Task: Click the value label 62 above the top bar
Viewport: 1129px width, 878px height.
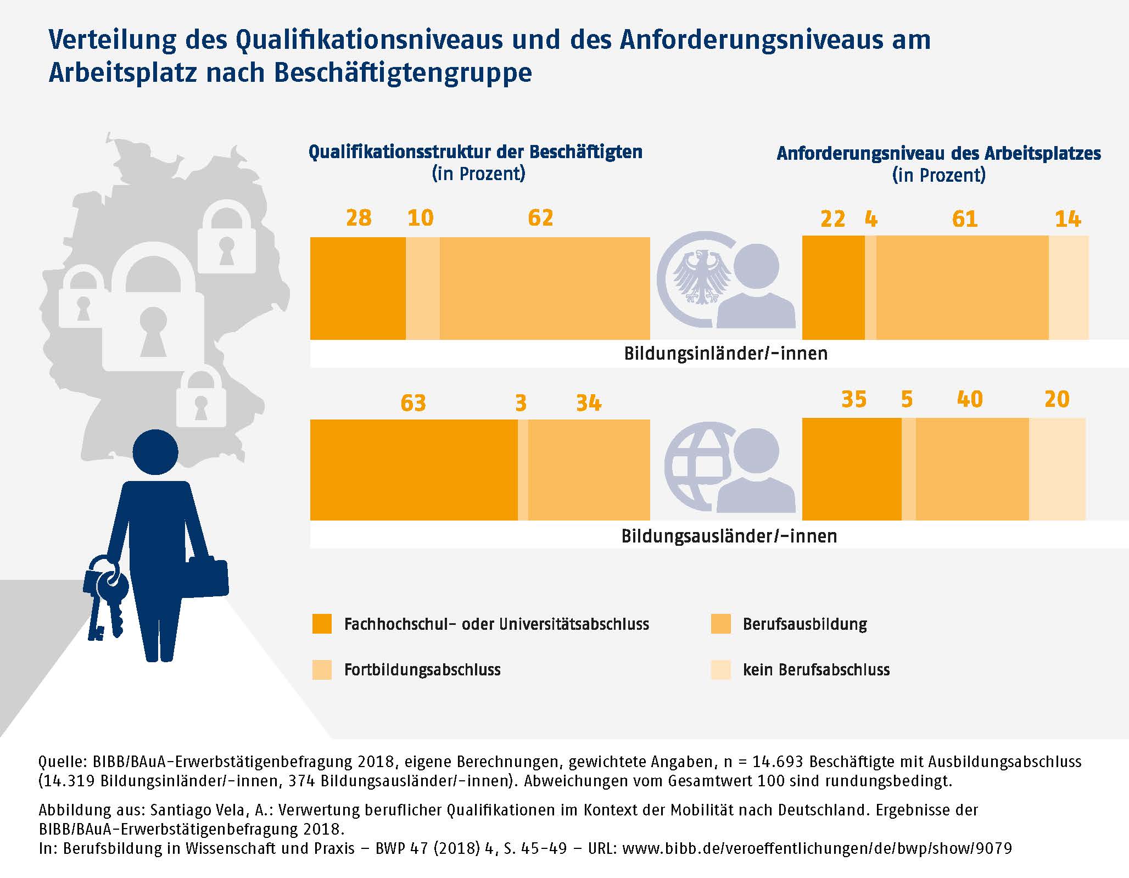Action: click(540, 218)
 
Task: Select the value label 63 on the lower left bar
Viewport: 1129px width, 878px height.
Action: click(413, 403)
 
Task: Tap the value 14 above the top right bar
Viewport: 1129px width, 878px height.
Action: click(1067, 220)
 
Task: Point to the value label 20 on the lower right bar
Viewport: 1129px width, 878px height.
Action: click(1057, 399)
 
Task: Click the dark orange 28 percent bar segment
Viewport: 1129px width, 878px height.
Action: click(358, 288)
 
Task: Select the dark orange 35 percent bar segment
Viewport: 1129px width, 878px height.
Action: click(852, 469)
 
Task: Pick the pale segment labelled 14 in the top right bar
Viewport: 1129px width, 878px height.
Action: click(1069, 288)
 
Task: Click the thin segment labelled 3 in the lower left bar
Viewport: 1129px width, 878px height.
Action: click(523, 469)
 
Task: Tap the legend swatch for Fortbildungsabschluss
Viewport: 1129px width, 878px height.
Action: click(322, 670)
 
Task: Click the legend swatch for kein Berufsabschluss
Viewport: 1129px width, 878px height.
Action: click(720, 670)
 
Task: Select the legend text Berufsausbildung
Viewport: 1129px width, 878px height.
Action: click(804, 624)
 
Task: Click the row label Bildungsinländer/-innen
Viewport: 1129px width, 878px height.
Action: click(725, 353)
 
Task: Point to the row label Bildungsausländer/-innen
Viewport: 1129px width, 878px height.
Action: click(729, 536)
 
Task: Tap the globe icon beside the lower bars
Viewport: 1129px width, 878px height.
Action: click(695, 467)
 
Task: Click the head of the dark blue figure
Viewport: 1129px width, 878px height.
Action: click(155, 452)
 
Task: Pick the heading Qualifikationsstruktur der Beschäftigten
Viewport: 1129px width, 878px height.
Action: click(475, 152)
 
